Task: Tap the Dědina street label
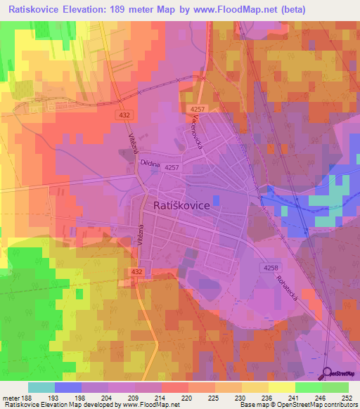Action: (x=151, y=163)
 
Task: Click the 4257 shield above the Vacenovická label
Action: (x=196, y=110)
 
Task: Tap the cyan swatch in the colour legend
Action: (x=41, y=387)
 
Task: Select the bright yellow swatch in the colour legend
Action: (x=281, y=387)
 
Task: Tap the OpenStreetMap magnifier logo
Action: (x=327, y=372)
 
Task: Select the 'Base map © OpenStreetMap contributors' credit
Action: (x=297, y=404)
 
